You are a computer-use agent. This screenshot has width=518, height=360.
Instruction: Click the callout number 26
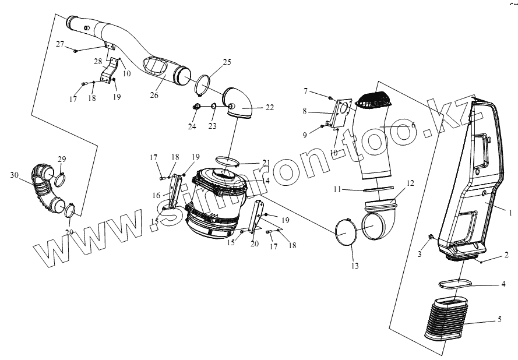[x=154, y=95]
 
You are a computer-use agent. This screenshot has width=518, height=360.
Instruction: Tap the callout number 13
[x=355, y=266]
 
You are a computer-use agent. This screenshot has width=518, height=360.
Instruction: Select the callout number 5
[x=499, y=319]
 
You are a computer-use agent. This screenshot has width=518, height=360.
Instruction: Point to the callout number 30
[x=14, y=175]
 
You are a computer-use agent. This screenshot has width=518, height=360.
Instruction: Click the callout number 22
[x=270, y=108]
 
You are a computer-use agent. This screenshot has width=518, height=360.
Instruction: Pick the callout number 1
[x=510, y=213]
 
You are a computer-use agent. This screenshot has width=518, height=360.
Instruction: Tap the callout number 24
[x=192, y=126]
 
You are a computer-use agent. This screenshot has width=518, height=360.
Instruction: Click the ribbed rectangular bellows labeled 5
[x=446, y=319]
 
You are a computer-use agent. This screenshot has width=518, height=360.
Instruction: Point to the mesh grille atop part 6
[x=375, y=98]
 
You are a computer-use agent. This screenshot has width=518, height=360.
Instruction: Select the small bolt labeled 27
[x=76, y=51]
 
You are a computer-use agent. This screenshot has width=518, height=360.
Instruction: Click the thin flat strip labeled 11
[x=378, y=189]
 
